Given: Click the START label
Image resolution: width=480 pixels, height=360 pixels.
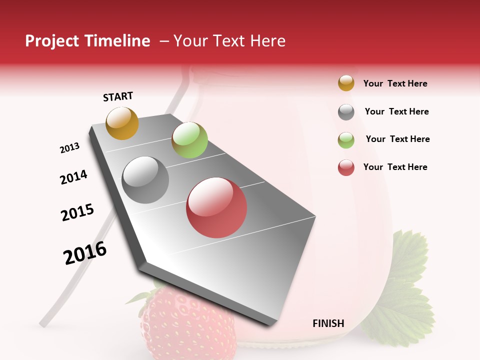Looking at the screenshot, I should (x=118, y=96).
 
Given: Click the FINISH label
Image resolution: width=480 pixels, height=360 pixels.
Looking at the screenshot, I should (x=328, y=323).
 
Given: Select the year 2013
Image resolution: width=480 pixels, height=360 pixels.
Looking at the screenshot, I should (x=69, y=148).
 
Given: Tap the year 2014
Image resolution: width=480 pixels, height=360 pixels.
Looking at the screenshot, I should (x=73, y=177).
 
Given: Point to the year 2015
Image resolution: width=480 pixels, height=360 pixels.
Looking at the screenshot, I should (x=77, y=212).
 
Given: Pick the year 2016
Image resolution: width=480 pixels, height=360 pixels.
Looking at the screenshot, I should (x=85, y=253).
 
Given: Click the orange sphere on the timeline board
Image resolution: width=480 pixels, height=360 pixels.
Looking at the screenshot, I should (x=122, y=123).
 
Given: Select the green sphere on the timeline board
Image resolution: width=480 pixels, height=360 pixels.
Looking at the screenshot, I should (x=189, y=140).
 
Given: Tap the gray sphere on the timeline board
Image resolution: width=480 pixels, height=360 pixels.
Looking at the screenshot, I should (x=145, y=180).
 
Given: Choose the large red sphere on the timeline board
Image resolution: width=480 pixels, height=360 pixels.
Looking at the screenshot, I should (x=216, y=207).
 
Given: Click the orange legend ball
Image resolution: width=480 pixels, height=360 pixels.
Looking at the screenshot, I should (x=346, y=83).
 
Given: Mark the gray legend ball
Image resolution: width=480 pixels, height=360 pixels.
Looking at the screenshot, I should (x=346, y=112).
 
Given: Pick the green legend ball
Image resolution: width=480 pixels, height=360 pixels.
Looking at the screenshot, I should (x=346, y=140).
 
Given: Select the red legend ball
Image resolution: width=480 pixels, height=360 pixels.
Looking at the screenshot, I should (x=346, y=167).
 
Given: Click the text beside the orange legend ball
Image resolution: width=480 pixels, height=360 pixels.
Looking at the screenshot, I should (x=395, y=83).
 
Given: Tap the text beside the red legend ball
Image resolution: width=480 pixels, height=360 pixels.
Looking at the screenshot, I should (x=395, y=167).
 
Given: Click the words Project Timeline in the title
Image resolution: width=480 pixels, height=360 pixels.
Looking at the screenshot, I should (x=87, y=41).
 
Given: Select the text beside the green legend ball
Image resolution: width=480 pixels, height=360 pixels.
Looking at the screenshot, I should (x=397, y=139).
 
